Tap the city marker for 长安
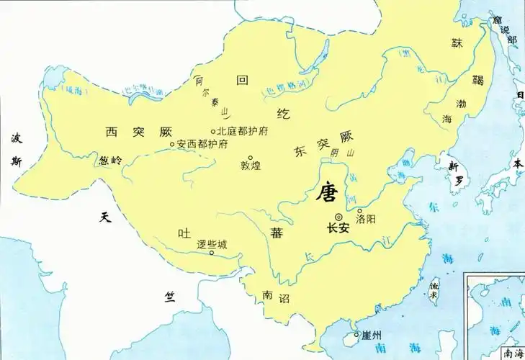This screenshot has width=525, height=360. pyautogui.click(x=338, y=217)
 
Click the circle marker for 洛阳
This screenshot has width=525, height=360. pyautogui.click(x=359, y=211)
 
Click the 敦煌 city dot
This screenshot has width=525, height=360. pyautogui.click(x=251, y=157)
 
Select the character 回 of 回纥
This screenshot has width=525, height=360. pyautogui.click(x=242, y=81)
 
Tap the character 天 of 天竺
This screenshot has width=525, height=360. pyautogui.click(x=105, y=216)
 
